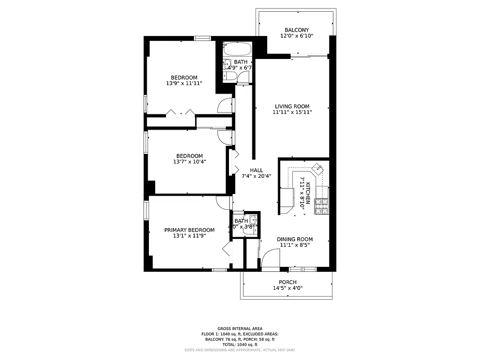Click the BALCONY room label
click(x=296, y=30)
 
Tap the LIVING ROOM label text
click(x=292, y=106)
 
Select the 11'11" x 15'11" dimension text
click(x=292, y=112)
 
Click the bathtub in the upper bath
click(x=238, y=49)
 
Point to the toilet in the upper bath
click(x=228, y=77)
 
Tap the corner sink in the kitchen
click(x=318, y=168)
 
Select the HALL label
click(x=256, y=170)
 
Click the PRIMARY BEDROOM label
click(x=189, y=230)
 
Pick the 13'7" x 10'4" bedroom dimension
click(x=189, y=162)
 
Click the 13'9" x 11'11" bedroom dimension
click(x=184, y=83)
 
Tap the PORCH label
click(x=287, y=282)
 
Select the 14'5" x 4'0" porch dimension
click(x=287, y=288)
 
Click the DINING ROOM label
click(x=295, y=239)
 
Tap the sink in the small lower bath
click(x=253, y=220)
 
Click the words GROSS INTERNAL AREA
click(x=240, y=328)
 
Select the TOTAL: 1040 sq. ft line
click(x=240, y=344)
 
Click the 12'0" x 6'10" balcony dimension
click(x=296, y=36)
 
